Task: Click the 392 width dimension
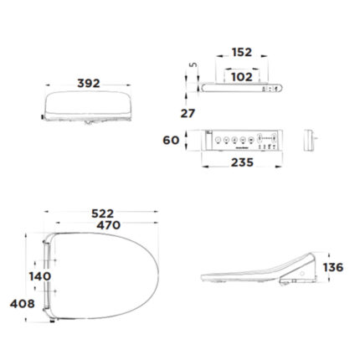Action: (x=88, y=84)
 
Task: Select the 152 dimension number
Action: (x=241, y=52)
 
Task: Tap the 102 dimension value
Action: (x=241, y=76)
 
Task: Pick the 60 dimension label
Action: (x=171, y=140)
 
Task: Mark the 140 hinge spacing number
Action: (x=39, y=275)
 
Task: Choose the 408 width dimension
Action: (x=22, y=304)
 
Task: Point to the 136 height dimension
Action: (x=332, y=268)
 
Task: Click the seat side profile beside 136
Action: (x=260, y=275)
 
